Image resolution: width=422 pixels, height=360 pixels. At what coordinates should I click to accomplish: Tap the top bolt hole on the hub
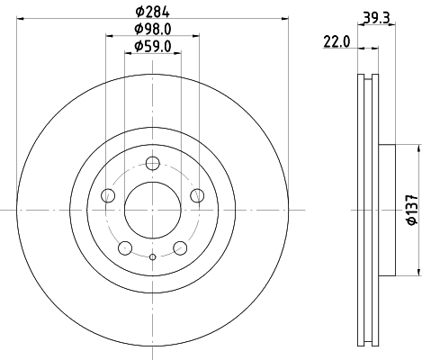(x=153, y=163)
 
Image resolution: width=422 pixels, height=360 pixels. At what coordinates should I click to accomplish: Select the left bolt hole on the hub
(x=109, y=195)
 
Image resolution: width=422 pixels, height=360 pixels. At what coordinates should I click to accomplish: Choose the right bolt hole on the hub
(x=196, y=195)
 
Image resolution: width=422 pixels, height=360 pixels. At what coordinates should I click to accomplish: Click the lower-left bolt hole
(x=126, y=247)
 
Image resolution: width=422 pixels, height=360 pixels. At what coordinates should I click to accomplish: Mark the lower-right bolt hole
(x=180, y=247)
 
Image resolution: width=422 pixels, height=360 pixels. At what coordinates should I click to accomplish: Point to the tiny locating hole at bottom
(x=153, y=259)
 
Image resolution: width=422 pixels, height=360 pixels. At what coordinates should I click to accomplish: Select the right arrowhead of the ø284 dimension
(x=285, y=19)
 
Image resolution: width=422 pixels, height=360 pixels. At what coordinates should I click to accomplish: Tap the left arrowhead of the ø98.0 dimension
(x=109, y=36)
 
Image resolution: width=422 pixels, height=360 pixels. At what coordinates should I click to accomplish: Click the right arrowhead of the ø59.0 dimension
(x=179, y=53)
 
